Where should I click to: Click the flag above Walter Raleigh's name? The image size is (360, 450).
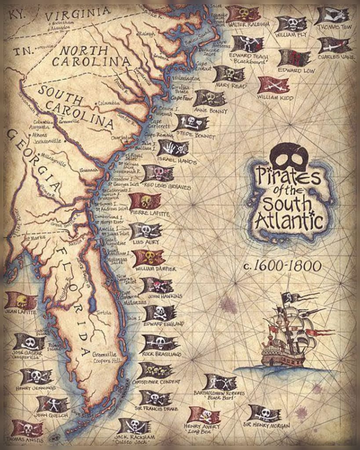pyautogui.click(x=243, y=13)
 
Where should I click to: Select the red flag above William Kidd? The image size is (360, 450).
pyautogui.click(x=273, y=85)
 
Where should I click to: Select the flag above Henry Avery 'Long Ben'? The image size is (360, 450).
pyautogui.click(x=204, y=414)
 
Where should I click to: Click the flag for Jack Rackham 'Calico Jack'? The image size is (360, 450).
pyautogui.click(x=134, y=425)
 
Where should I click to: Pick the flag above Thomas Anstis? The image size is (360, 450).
pyautogui.click(x=27, y=428)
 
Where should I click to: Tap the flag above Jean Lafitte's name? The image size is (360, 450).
pyautogui.click(x=21, y=301)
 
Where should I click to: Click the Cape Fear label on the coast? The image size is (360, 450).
pyautogui.click(x=180, y=98)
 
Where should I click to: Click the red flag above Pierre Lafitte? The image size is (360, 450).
pyautogui.click(x=145, y=201)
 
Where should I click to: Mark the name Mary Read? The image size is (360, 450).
pyautogui.click(x=229, y=86)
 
